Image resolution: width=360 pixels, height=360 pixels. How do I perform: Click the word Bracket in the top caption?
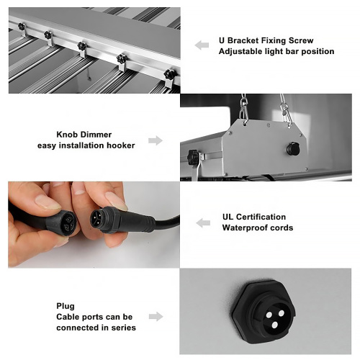point(243,40)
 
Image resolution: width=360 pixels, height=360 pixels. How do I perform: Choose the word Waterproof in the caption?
point(243,228)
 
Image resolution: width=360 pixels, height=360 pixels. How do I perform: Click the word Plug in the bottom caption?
point(66,306)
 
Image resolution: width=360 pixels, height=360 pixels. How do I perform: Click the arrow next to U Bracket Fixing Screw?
point(202,45)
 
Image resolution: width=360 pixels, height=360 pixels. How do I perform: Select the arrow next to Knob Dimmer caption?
point(156,140)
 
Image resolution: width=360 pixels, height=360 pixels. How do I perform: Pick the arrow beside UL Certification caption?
point(203,223)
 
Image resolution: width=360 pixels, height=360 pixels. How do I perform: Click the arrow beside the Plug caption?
point(156,317)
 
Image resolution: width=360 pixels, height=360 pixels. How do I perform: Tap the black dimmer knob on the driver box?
point(293,149)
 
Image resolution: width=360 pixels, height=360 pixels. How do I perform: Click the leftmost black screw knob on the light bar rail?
point(22,26)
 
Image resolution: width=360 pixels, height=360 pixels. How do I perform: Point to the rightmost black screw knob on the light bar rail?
point(170,74)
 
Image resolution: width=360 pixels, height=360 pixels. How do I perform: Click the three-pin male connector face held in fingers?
point(96,220)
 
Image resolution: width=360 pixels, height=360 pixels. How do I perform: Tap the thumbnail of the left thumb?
point(48,202)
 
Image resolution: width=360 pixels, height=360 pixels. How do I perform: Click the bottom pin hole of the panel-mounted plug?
point(275,325)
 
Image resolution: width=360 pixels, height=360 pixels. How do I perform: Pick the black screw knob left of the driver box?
point(194,157)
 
